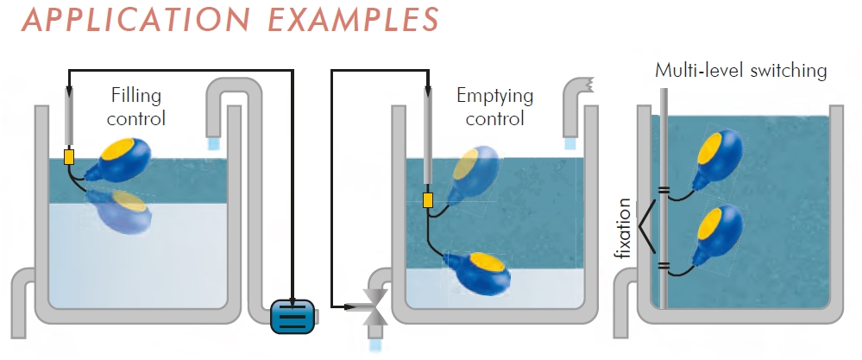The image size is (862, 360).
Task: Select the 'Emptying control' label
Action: click(x=494, y=107)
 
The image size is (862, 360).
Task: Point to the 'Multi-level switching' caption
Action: click(x=741, y=70)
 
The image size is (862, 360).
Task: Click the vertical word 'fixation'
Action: click(x=624, y=231)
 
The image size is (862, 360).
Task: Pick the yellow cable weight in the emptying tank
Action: click(x=427, y=201)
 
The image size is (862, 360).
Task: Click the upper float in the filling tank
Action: click(x=125, y=157)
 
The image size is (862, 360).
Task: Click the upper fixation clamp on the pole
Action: click(x=664, y=191)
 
